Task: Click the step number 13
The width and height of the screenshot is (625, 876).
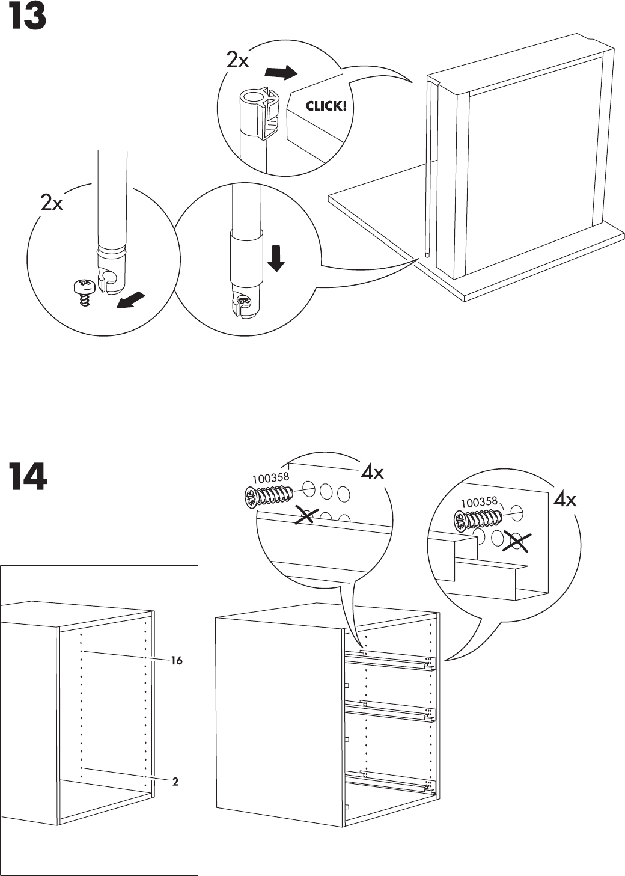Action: click(x=26, y=18)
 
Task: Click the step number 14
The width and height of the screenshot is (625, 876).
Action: click(x=27, y=477)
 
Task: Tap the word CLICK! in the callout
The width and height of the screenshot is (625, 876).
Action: click(x=326, y=106)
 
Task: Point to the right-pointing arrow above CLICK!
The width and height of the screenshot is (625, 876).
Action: click(x=281, y=73)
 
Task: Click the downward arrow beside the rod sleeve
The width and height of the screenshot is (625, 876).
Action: click(x=276, y=257)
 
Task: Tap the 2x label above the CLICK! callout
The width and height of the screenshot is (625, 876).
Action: click(x=237, y=60)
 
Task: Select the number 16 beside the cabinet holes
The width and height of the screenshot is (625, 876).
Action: click(x=176, y=660)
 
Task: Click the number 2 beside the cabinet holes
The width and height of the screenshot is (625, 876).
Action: click(x=175, y=782)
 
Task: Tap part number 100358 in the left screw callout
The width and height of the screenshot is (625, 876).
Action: click(x=270, y=478)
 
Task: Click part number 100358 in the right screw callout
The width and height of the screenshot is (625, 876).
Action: click(x=479, y=501)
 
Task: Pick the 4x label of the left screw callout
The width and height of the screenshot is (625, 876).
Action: click(x=372, y=473)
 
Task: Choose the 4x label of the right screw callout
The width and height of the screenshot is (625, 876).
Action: click(x=565, y=500)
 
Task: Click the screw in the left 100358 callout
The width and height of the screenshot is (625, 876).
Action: click(x=269, y=495)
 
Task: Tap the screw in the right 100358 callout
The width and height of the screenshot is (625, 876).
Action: click(x=478, y=519)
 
